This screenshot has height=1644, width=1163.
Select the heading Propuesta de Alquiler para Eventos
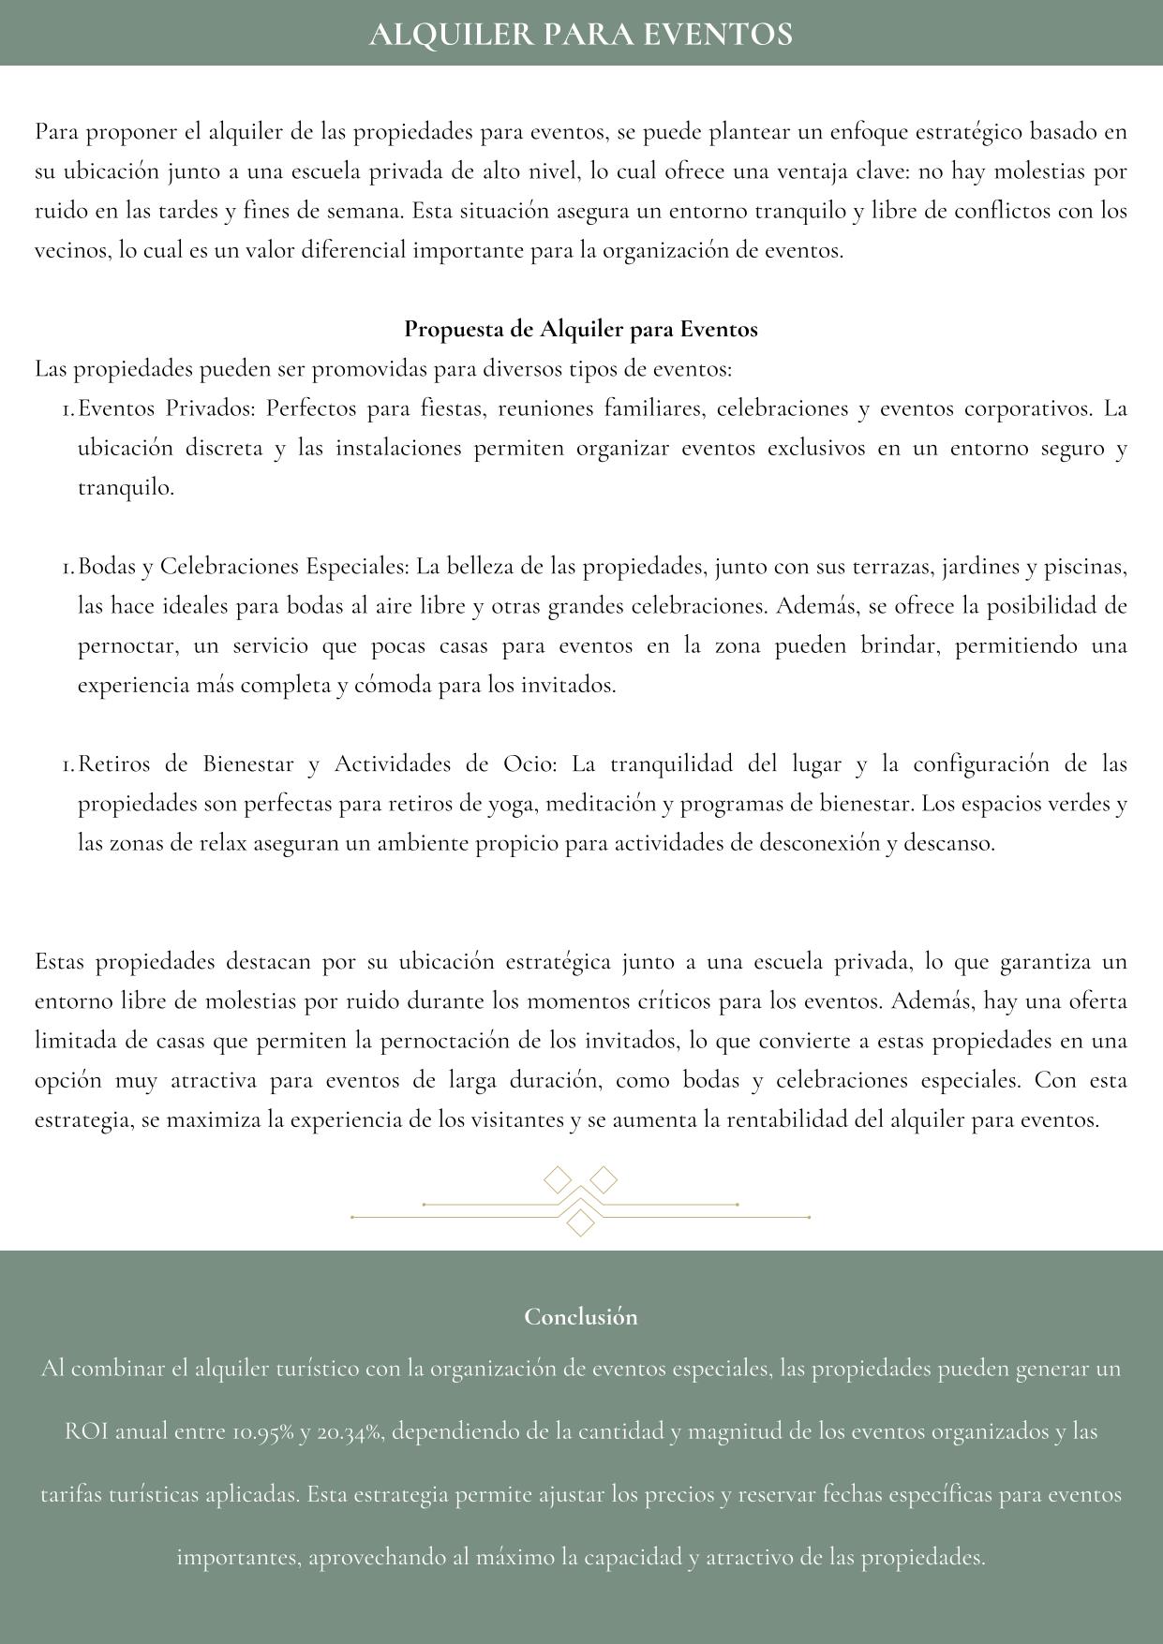(x=580, y=330)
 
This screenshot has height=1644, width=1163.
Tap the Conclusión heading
(x=580, y=1316)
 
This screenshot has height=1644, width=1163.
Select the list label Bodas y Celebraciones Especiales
(x=244, y=567)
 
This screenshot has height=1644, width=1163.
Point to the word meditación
(x=604, y=804)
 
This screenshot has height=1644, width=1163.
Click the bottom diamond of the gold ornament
(x=581, y=1222)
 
